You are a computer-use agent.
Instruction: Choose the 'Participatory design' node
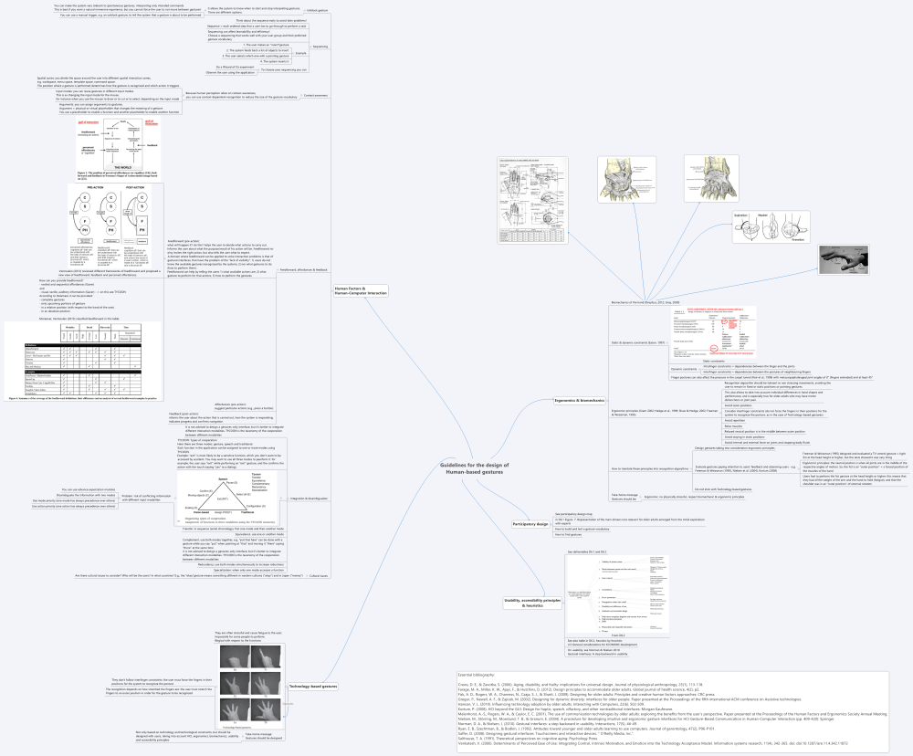[x=529, y=523]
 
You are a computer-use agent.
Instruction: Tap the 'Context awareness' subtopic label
[x=314, y=95]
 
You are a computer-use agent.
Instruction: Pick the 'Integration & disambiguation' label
[x=308, y=499]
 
